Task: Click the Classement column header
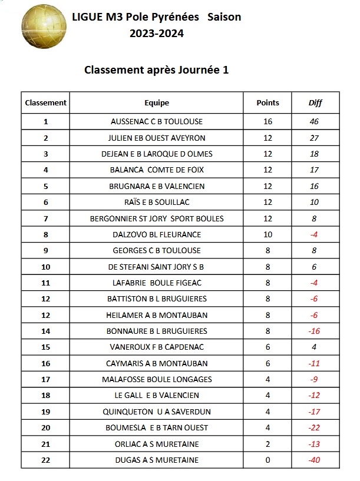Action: (45, 102)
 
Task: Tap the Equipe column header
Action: (156, 102)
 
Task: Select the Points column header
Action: (267, 102)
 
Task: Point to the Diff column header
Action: (315, 103)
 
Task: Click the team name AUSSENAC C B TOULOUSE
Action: (156, 122)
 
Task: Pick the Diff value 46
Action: (314, 122)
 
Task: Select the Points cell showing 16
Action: (267, 122)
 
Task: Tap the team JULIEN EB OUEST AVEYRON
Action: (156, 138)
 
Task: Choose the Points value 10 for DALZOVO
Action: (267, 235)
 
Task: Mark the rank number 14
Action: (45, 331)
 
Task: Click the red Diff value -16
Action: (314, 331)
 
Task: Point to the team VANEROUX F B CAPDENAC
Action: (156, 347)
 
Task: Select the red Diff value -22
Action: (314, 428)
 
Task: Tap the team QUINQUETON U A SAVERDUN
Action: (156, 412)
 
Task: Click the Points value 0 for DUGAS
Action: (267, 460)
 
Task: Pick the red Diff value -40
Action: (314, 460)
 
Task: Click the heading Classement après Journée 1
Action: (156, 70)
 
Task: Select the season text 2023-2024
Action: (157, 34)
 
